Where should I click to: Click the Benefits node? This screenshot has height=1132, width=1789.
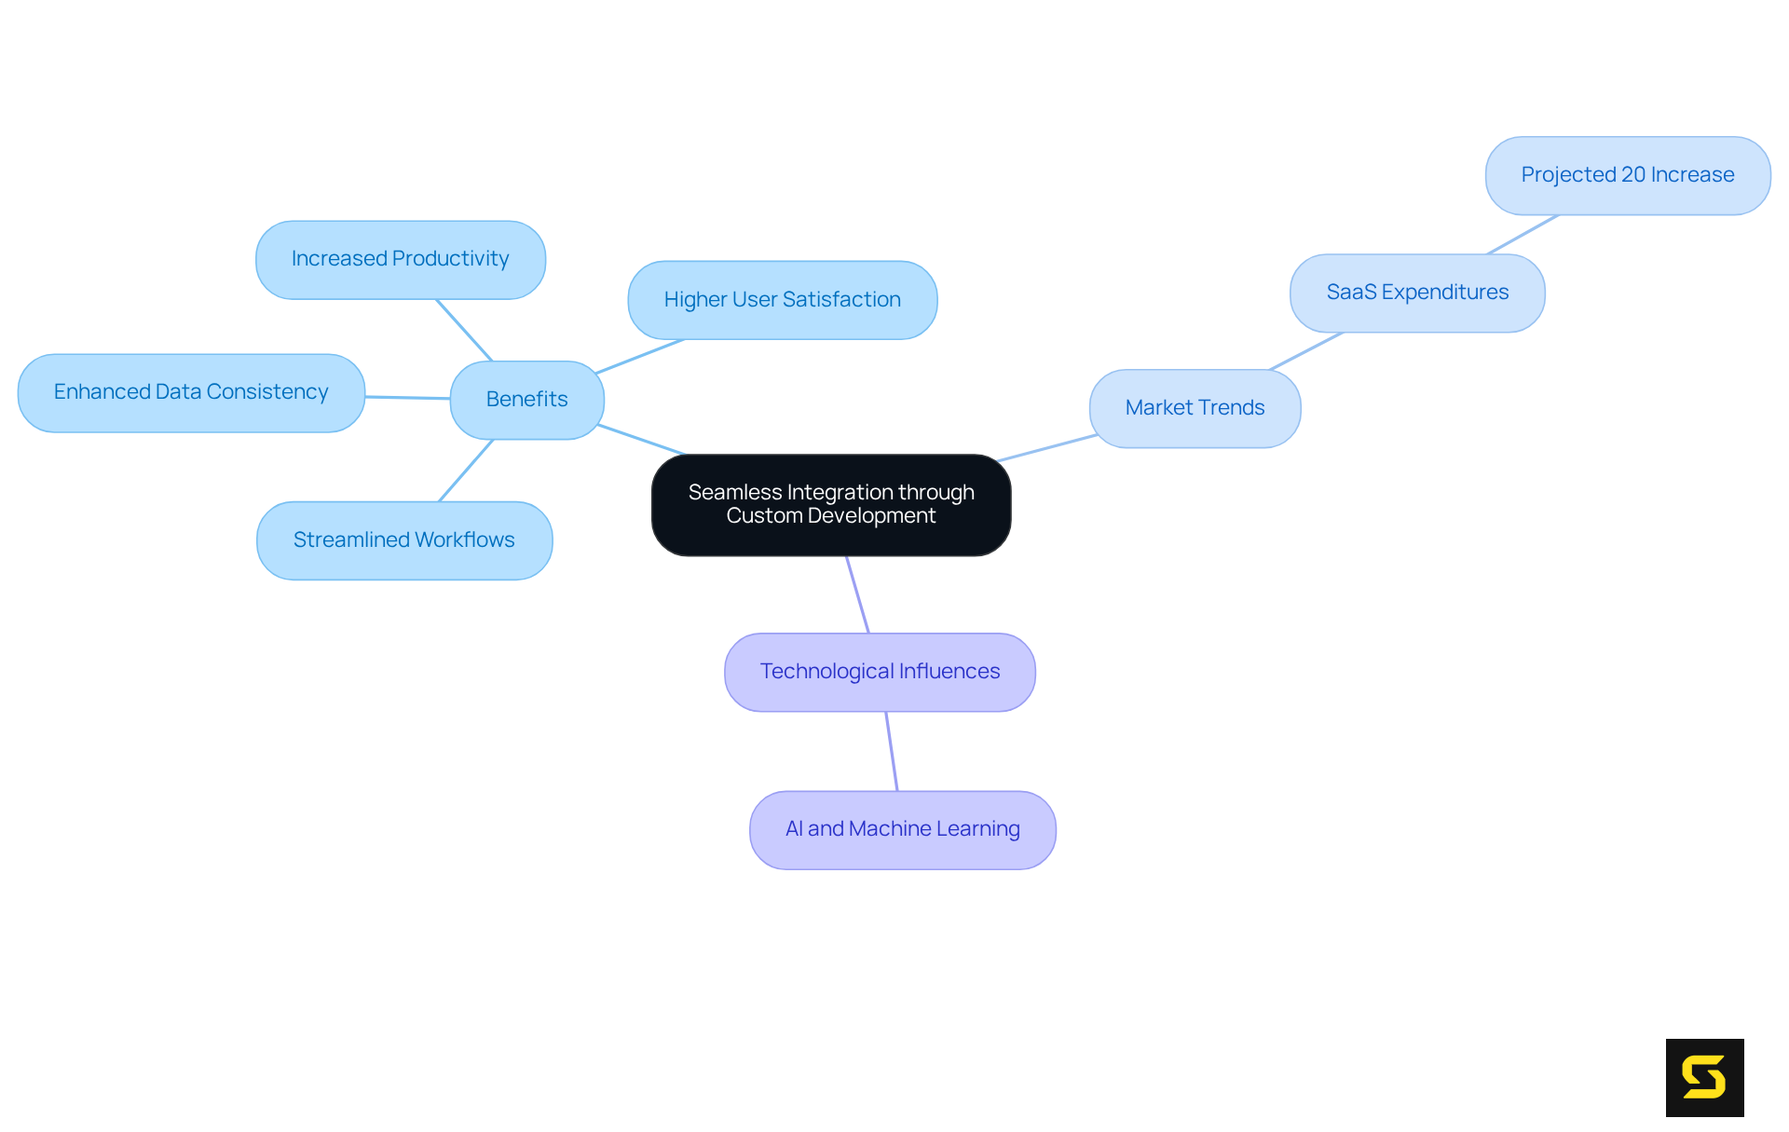[x=526, y=400]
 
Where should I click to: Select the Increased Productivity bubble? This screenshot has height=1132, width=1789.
[x=400, y=259]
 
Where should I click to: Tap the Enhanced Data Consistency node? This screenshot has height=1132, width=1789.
[x=191, y=392]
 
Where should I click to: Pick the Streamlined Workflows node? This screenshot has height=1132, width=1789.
[x=403, y=540]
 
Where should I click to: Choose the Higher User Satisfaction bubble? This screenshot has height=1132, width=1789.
[x=782, y=300]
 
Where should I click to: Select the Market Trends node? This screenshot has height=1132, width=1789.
[x=1195, y=408]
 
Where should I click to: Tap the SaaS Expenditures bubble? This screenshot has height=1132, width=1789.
[x=1416, y=293]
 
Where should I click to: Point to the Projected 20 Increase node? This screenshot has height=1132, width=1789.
[x=1627, y=175]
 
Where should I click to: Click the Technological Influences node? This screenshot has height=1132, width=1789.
[x=880, y=672]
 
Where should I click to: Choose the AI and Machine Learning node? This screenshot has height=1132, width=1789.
[x=902, y=829]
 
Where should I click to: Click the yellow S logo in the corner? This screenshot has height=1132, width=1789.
[x=1704, y=1077]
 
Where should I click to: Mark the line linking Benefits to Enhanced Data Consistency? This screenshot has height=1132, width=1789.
[x=407, y=397]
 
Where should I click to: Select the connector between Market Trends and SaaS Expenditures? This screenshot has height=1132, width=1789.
[x=1306, y=351]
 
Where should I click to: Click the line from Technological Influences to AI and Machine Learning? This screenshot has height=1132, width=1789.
[x=892, y=751]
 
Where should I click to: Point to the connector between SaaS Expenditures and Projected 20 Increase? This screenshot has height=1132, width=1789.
[x=1523, y=234]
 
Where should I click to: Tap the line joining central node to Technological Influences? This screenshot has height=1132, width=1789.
[x=857, y=594]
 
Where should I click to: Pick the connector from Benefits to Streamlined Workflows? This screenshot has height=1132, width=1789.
[x=466, y=470]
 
